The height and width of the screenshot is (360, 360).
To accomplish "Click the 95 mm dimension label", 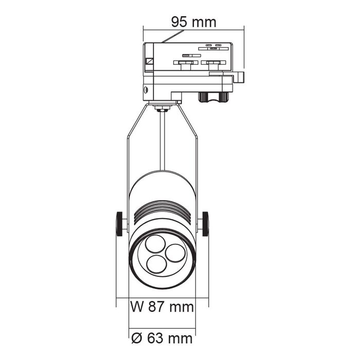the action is pos(194,22).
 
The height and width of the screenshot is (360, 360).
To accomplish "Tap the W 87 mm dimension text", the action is pos(162,307).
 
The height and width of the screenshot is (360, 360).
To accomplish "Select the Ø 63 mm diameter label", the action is pos(162,338).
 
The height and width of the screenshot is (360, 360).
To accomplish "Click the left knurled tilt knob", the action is pos(119,224).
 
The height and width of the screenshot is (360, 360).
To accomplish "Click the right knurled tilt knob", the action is pos(206,224).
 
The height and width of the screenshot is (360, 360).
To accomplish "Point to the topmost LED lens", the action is pos(155,244).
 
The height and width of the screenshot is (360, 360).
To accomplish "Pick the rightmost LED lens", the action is pos(175,253).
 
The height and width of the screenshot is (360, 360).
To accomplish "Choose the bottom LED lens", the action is pos(156,264).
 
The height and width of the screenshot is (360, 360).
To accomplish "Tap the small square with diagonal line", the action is pos(150,61).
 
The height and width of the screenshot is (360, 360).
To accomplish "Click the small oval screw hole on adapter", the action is pos(146,90).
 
